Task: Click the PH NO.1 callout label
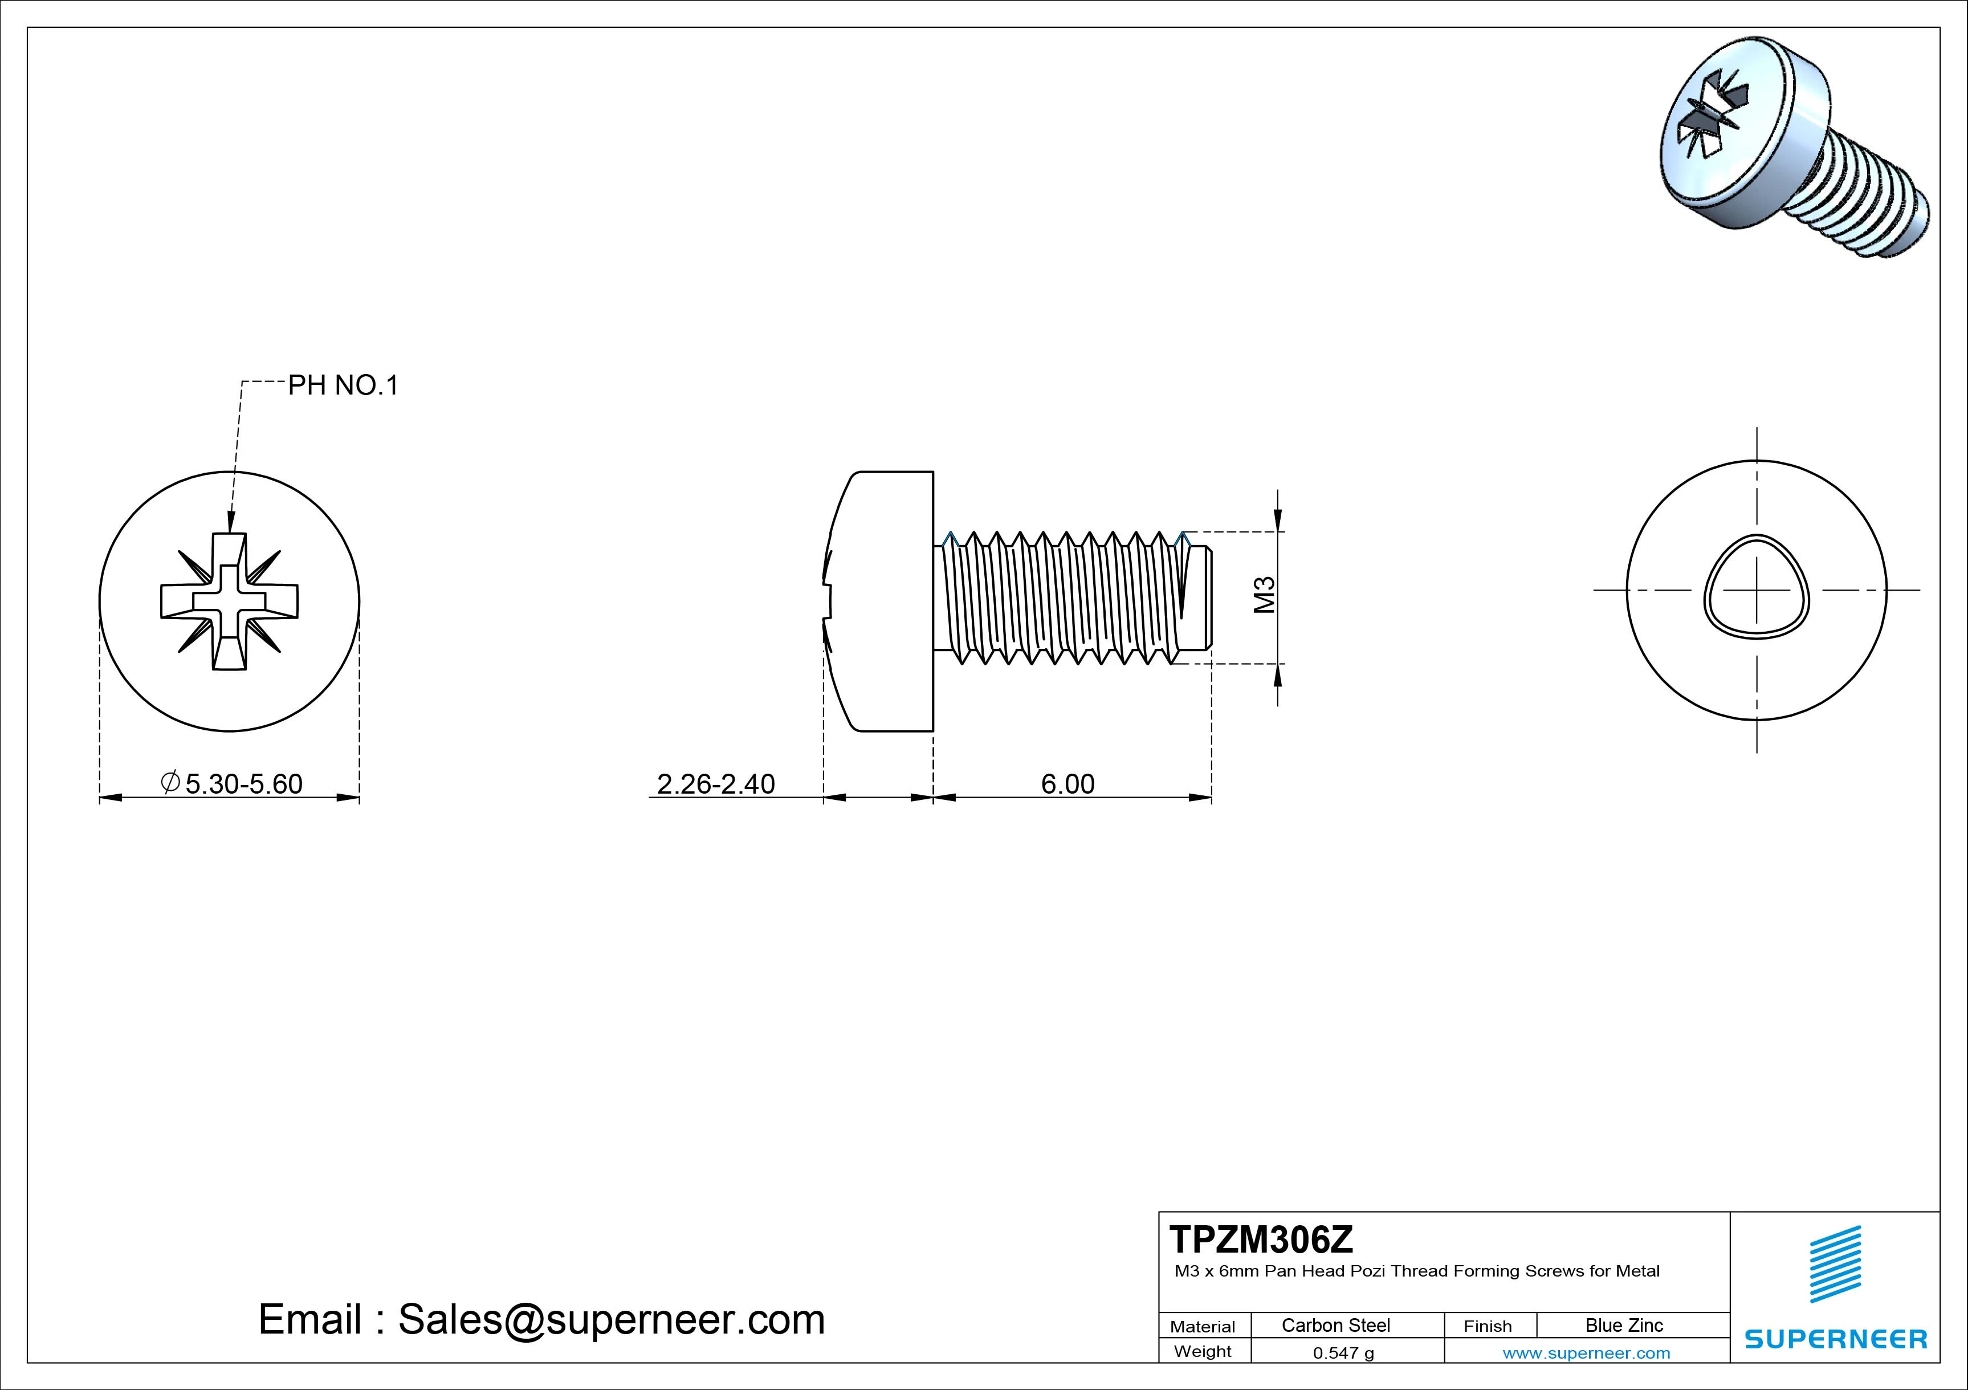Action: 343,386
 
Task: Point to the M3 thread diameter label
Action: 1265,595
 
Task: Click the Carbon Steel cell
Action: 1335,1325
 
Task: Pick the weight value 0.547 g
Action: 1343,1353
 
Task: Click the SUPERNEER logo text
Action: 1836,1339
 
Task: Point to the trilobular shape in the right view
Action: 1757,588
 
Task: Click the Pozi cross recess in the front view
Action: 229,600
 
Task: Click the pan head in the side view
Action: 883,600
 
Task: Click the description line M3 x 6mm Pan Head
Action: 1416,1271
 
